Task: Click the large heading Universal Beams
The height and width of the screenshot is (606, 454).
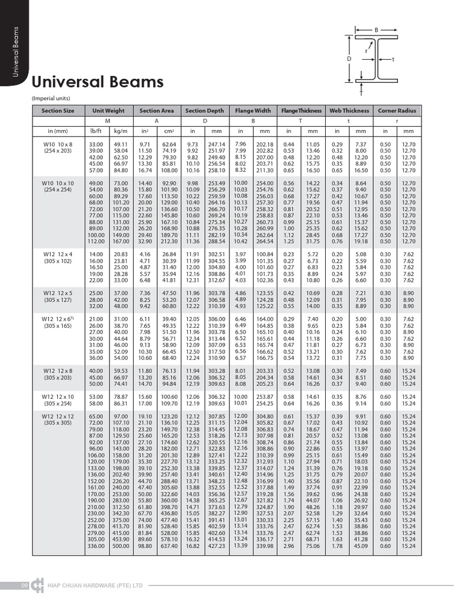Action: [98, 82]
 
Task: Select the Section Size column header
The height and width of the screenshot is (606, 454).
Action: [58, 111]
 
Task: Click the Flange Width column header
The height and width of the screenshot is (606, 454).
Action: [252, 111]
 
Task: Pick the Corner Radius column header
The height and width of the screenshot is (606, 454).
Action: [397, 111]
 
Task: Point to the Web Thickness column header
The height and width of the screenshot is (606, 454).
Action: [349, 111]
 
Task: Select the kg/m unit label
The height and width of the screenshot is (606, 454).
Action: [121, 131]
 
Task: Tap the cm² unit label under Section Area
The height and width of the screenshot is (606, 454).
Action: [169, 131]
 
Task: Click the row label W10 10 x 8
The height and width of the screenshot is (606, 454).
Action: [58, 144]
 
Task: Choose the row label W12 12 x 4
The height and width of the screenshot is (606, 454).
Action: [58, 254]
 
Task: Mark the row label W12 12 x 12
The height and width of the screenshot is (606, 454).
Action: [58, 417]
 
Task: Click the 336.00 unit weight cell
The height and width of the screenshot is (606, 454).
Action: [96, 546]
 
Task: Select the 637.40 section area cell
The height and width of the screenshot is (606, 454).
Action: [169, 546]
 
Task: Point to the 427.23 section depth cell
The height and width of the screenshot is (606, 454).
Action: [217, 546]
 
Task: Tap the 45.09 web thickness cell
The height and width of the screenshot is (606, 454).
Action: [361, 546]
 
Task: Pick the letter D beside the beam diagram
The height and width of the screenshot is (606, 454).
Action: [349, 59]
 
